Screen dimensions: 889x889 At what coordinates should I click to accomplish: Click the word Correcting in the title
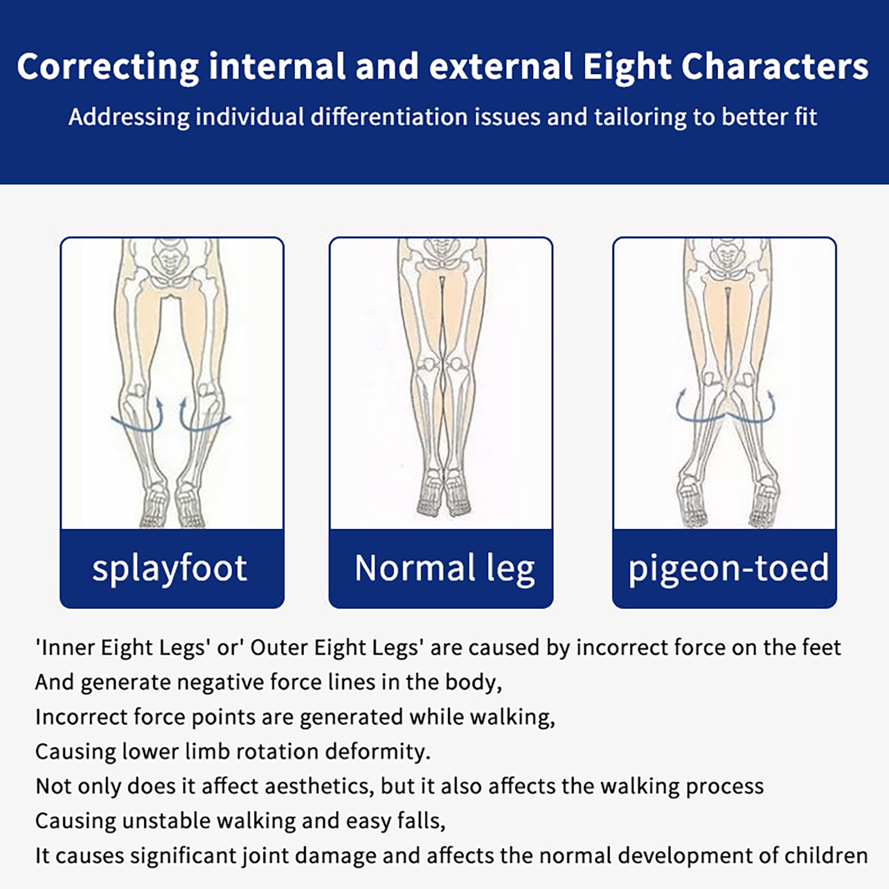[x=108, y=67]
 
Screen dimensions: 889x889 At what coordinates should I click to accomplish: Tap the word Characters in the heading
[x=775, y=66]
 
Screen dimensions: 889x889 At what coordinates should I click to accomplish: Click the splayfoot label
[x=169, y=569]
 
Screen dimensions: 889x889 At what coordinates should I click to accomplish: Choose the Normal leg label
[x=444, y=569]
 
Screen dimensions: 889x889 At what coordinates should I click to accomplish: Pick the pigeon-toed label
[x=728, y=569]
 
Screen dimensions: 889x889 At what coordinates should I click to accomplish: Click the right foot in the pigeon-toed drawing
[x=765, y=500]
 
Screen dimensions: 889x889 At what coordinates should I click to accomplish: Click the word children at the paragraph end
[x=826, y=856]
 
